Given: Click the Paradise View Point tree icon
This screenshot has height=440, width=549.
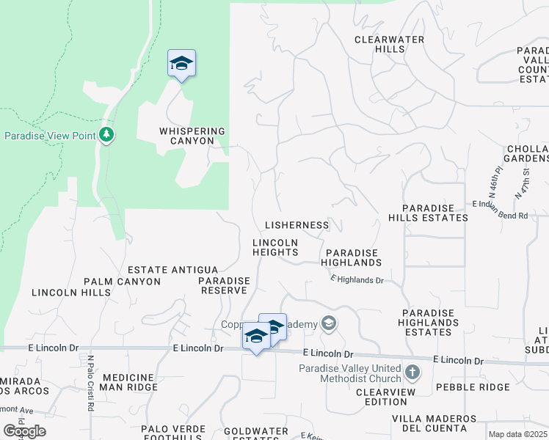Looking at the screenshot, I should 107,134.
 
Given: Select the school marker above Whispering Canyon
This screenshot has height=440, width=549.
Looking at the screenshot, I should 181,64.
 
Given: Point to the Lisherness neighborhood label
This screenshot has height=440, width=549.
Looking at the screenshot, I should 297,225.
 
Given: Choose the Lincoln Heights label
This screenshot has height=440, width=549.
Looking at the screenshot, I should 275,247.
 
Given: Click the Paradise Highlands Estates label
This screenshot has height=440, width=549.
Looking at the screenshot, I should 429,323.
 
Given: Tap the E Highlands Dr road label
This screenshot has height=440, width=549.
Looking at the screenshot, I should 357,279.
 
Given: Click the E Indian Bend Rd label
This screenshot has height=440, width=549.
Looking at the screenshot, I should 501,215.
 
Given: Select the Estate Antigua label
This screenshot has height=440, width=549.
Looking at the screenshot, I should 172,271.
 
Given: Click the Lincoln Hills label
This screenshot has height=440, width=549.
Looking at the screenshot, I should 71,293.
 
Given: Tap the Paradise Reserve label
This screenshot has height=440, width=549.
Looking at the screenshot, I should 224,285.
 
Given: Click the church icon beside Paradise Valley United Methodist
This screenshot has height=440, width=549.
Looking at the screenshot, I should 412,373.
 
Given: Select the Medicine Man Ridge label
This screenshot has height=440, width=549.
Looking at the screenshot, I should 129,382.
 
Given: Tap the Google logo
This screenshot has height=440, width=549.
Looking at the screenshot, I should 24,431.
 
